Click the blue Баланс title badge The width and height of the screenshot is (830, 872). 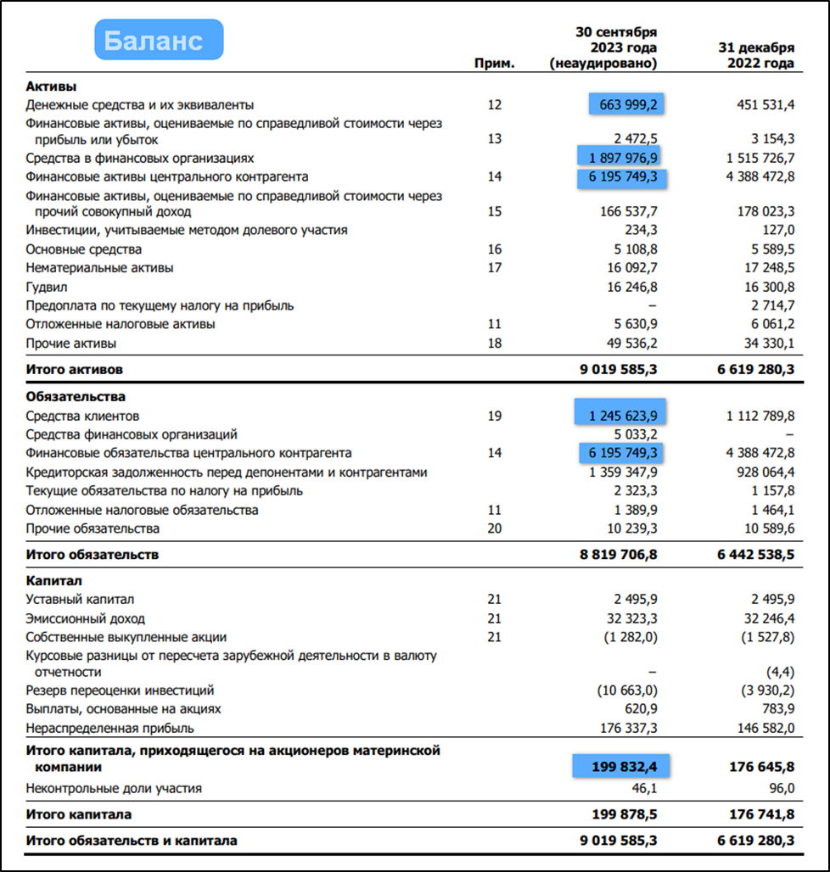(158, 40)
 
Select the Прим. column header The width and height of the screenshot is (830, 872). (496, 64)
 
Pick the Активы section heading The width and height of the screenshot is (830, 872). (51, 87)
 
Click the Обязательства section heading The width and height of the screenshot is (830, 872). (76, 396)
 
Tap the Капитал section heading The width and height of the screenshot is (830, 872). (53, 581)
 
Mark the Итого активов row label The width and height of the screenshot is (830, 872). (75, 370)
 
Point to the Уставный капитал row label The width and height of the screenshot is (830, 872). (79, 600)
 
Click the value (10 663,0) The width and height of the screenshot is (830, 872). (628, 690)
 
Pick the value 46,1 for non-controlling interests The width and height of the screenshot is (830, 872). (642, 788)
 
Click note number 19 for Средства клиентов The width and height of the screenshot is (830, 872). (496, 416)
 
